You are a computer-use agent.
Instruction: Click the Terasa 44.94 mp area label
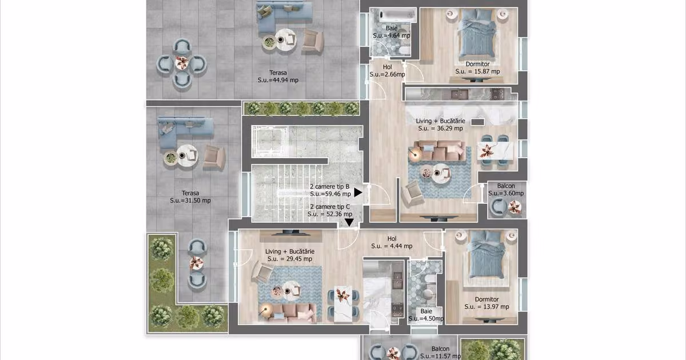[x=278, y=77]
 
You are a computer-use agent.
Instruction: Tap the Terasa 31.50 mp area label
[x=190, y=197]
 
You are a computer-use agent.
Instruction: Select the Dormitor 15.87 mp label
[x=477, y=67]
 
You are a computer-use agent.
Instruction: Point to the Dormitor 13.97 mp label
[x=486, y=303]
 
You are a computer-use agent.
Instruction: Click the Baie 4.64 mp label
[x=392, y=32]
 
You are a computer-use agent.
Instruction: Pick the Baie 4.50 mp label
[x=426, y=315]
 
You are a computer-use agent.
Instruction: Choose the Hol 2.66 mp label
[x=387, y=70]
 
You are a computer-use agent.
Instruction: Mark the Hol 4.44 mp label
[x=392, y=242]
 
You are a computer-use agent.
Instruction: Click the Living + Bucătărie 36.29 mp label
[x=440, y=125]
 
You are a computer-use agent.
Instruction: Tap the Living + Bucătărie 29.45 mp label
[x=290, y=255]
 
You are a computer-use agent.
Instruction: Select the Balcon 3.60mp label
[x=506, y=190]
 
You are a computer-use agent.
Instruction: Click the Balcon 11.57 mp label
[x=440, y=353]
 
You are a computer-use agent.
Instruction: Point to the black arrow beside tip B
[x=358, y=193]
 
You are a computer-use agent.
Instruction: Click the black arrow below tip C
[x=349, y=222]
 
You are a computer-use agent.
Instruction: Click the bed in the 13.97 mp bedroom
[x=486, y=258]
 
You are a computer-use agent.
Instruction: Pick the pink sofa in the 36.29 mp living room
[x=438, y=151]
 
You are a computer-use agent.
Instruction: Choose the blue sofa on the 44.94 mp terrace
[x=280, y=16]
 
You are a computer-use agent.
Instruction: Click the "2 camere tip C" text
[x=330, y=207]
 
